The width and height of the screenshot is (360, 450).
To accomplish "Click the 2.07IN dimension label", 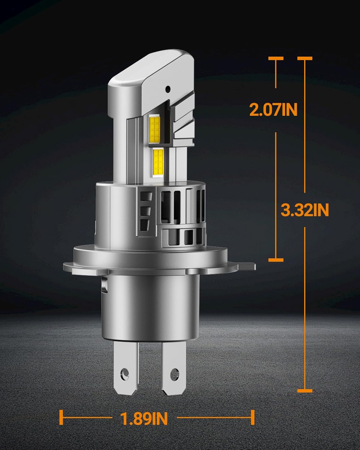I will click(x=273, y=110).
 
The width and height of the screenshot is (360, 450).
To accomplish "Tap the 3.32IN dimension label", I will click(x=305, y=210).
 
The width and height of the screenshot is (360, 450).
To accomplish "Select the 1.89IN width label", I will click(x=144, y=418).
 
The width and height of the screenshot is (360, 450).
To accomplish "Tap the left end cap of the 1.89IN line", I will click(x=61, y=417).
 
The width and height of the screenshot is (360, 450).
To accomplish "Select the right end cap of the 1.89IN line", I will click(x=253, y=417).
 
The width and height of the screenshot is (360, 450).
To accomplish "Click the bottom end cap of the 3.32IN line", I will click(x=305, y=391).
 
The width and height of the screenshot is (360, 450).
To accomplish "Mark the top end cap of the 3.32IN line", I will click(x=305, y=58).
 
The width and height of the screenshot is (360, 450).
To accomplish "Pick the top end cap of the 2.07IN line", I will click(x=276, y=58).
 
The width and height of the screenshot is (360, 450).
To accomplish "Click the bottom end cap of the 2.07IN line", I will click(x=276, y=259).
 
